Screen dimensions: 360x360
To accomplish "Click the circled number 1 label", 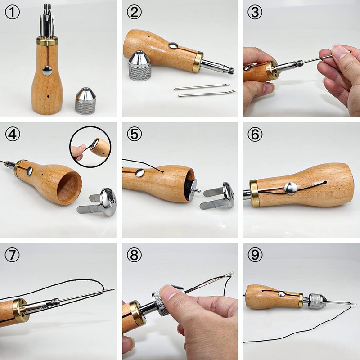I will click(12, 12).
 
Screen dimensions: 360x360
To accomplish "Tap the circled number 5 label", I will click(134, 134).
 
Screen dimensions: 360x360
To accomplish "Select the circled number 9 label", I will click(255, 255).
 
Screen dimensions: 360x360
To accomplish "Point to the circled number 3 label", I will click(255, 12).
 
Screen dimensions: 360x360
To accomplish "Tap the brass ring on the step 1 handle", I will click(47, 41).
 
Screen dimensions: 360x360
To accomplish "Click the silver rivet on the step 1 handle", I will click(47, 70).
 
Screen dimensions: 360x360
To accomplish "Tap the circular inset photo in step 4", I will click(90, 147).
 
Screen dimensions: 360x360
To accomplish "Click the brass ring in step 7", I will click(21, 310).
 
